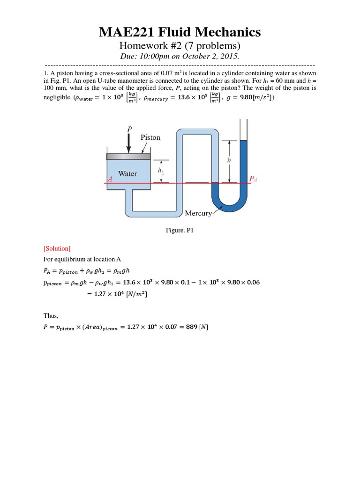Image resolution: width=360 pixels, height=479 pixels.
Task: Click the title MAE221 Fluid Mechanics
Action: [180, 32]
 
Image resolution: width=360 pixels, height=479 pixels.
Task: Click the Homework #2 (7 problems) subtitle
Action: [180, 46]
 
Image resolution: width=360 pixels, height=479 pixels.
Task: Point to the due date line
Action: [180, 57]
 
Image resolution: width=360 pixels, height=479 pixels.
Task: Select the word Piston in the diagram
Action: [150, 138]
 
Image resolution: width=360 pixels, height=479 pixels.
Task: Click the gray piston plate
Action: [129, 157]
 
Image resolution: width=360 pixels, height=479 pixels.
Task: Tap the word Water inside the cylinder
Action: [127, 174]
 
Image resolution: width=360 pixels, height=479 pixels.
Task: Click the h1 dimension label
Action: [161, 171]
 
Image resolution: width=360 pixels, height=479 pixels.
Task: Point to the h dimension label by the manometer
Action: [229, 160]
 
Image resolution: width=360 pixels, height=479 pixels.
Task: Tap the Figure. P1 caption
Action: [180, 231]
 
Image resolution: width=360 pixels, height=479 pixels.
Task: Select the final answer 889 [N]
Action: [197, 327]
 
